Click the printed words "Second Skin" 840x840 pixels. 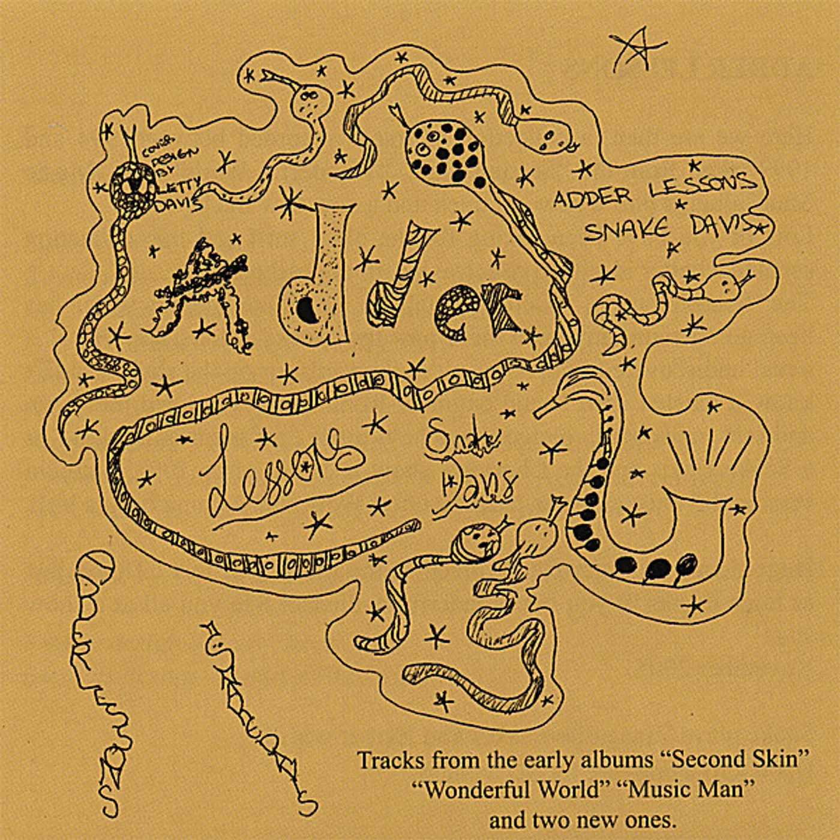point(737,760)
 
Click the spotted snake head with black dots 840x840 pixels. point(444,150)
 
